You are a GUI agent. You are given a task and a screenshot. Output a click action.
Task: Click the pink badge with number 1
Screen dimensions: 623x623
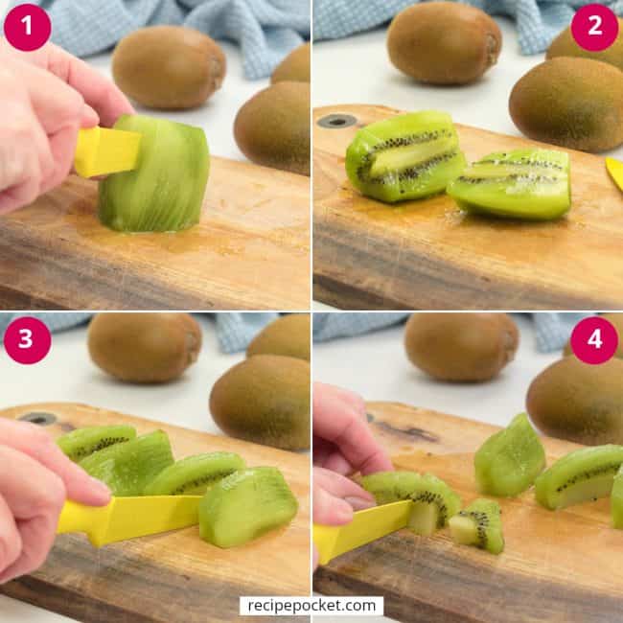(x=27, y=27)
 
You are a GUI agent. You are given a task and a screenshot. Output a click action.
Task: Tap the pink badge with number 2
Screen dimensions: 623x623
(x=594, y=27)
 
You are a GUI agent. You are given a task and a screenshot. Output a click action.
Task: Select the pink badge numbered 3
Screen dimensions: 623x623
(x=27, y=340)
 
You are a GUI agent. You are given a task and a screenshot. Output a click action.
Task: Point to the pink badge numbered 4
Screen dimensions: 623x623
(x=594, y=340)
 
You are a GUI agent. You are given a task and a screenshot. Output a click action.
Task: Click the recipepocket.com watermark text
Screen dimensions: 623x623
(x=311, y=606)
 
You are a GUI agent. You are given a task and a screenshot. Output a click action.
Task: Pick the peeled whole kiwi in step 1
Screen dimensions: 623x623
(x=155, y=176)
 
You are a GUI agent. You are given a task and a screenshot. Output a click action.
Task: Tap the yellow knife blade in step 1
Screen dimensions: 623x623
(x=106, y=150)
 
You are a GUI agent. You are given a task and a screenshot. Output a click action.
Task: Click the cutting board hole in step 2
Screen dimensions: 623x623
(x=336, y=121)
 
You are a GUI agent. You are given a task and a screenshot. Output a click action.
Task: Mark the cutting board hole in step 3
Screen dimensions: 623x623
(x=38, y=418)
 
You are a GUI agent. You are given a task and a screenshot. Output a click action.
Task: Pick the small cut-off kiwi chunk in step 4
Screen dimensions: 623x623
(x=480, y=526)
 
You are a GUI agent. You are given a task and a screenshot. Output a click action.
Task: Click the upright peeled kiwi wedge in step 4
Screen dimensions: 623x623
(x=509, y=456)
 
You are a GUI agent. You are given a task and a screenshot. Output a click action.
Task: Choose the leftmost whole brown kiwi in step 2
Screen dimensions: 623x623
(x=444, y=42)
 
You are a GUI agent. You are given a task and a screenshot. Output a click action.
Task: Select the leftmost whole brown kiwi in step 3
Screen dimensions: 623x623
(x=144, y=347)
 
